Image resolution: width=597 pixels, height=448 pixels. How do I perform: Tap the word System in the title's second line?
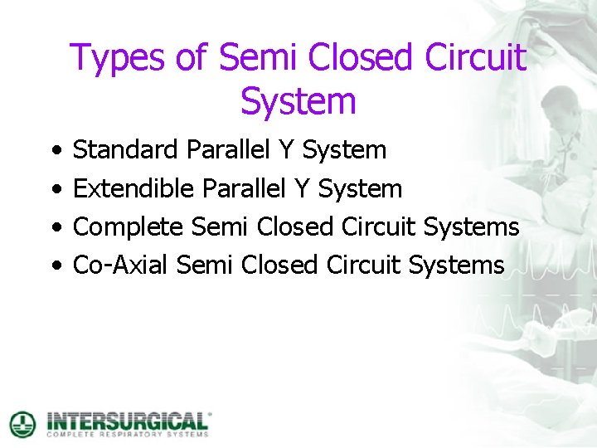pos(298,101)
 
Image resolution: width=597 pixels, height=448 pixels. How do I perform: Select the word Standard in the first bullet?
pos(125,150)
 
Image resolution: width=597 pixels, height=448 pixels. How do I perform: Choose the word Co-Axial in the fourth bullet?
pos(121,265)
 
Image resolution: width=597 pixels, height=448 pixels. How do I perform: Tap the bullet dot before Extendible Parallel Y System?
pos(54,190)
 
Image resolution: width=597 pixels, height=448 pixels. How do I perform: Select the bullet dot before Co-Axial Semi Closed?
pos(54,266)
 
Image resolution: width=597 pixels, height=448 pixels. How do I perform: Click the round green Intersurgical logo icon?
pos(22,424)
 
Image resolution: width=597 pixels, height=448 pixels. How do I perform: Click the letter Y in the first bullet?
pos(286,150)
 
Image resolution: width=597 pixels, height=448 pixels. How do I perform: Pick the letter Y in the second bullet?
pos(302,189)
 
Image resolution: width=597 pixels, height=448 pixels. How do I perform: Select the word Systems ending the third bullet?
pos(471,227)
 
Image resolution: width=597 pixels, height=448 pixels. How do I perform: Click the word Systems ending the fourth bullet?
pos(456,265)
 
